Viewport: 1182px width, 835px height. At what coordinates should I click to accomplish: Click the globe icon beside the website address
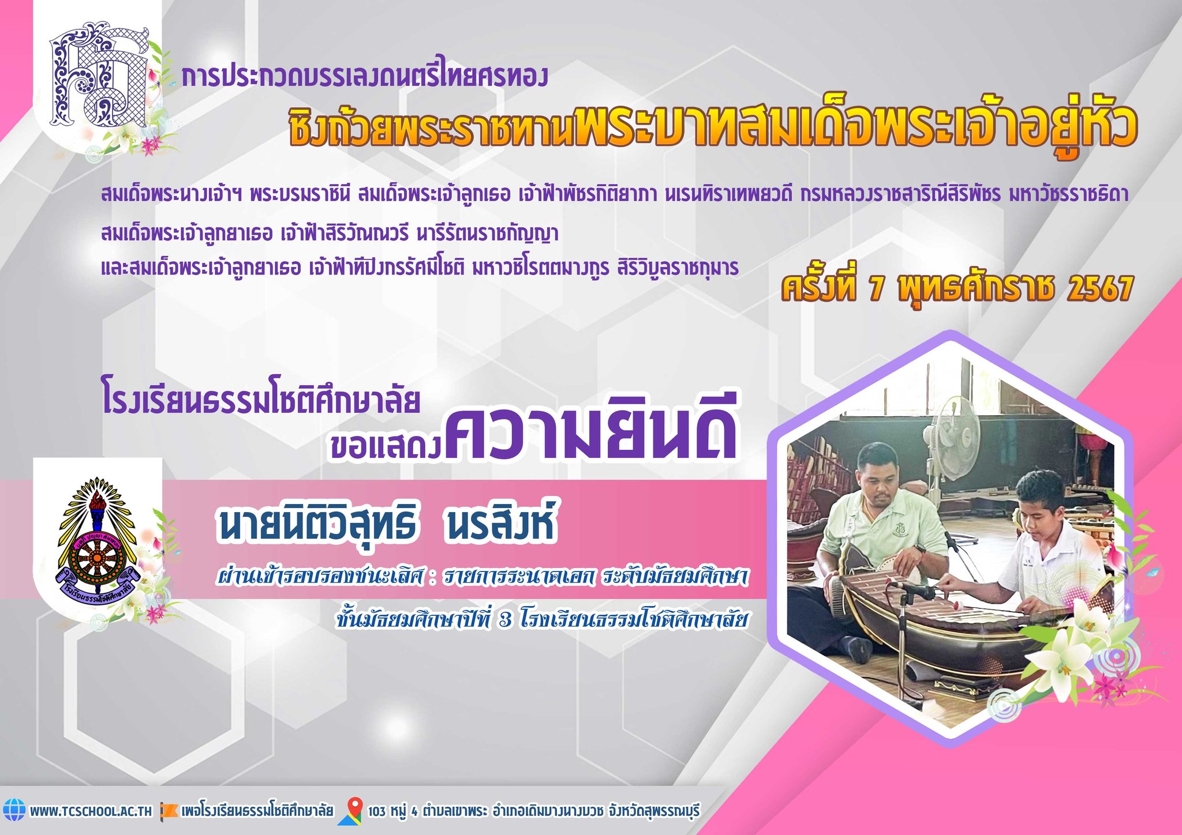(x=14, y=810)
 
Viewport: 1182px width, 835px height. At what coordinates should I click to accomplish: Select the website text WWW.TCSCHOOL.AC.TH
(x=91, y=811)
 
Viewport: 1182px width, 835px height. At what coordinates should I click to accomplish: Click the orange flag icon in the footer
(x=169, y=810)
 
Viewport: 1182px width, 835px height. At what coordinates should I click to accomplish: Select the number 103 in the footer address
(x=377, y=811)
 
